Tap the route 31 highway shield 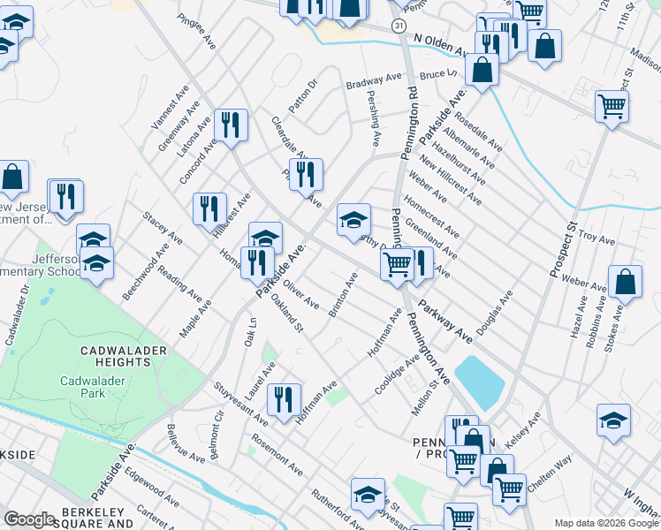(399, 27)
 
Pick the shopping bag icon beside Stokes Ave (625, 282)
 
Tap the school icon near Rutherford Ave (368, 494)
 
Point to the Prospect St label (562, 249)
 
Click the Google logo (29, 519)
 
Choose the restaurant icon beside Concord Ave (229, 125)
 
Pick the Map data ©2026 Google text (605, 523)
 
